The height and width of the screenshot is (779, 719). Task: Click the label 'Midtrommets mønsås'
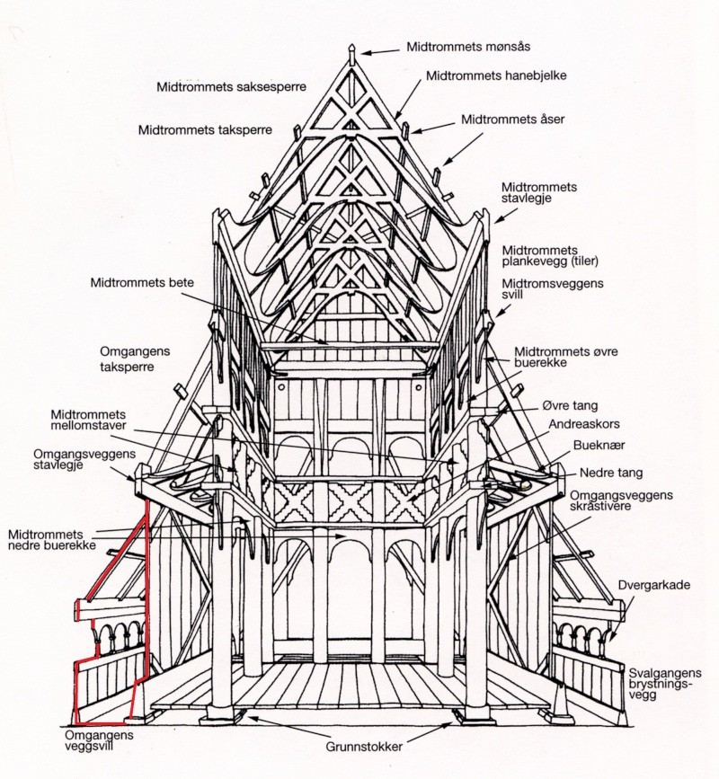coord(468,47)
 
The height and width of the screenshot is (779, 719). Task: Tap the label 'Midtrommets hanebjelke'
coord(496,76)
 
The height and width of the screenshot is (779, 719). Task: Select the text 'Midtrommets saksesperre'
coord(232,87)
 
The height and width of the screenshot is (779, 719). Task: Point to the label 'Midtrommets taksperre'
coord(205,130)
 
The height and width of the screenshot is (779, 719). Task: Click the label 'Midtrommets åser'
coord(513,120)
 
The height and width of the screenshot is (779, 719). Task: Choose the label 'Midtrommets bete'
coord(142,283)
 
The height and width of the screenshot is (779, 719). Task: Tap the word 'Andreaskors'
coord(584,424)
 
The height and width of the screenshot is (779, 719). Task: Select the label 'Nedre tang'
coord(611,473)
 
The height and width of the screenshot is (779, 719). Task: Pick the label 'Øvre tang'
coord(570,406)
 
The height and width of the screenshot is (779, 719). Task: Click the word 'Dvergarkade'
coord(654,585)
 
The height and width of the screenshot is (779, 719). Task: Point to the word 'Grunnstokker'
coord(364,747)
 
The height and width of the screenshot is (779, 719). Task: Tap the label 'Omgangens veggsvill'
coord(99,740)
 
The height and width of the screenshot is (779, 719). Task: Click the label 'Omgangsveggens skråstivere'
coord(621,500)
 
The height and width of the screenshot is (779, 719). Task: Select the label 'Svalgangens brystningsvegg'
coord(665,684)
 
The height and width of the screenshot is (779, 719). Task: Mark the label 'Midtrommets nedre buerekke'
coord(51,540)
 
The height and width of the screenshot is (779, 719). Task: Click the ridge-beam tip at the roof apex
coord(351,48)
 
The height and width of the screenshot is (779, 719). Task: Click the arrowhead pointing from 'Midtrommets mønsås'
coord(365,52)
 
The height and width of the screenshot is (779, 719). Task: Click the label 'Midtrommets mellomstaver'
coord(88,420)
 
